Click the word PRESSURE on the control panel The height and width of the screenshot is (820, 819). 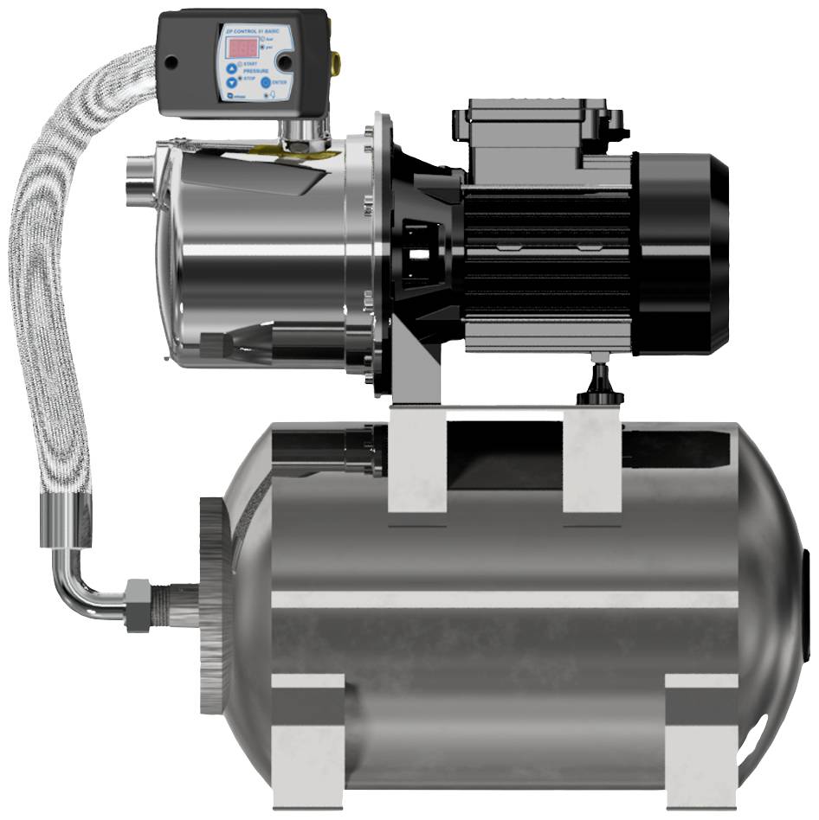(x=255, y=71)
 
